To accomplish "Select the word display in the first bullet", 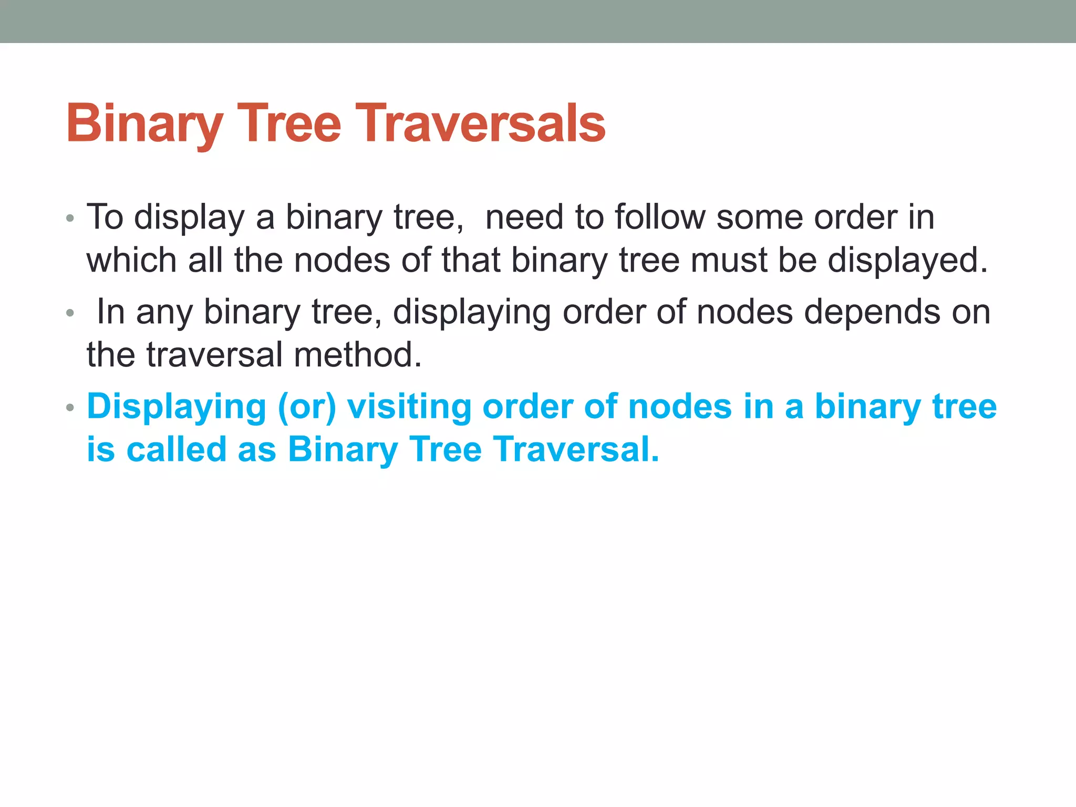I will click(189, 218).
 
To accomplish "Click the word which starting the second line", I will click(132, 260).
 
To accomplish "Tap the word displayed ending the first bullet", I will click(907, 261).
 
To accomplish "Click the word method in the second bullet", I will click(357, 355).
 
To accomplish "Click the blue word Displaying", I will click(177, 408).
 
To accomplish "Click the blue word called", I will click(176, 450).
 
